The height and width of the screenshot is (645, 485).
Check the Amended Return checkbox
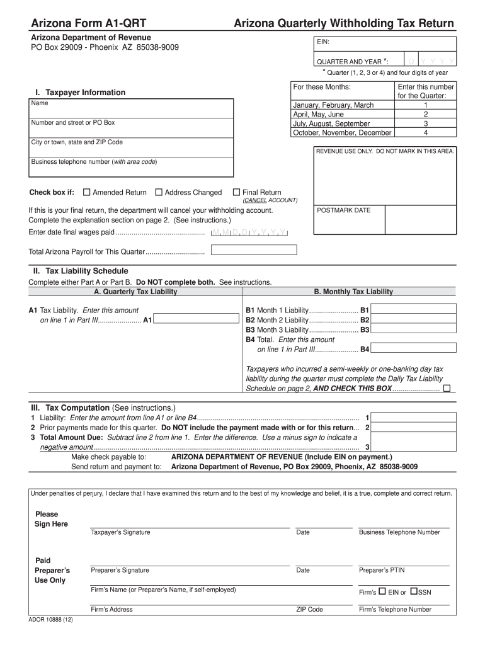(x=87, y=193)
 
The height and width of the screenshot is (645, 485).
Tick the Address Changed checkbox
(x=159, y=193)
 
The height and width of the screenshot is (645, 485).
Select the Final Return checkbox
(x=237, y=193)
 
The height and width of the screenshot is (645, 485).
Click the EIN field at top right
(x=384, y=43)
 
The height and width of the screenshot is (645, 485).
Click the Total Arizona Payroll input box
(x=254, y=250)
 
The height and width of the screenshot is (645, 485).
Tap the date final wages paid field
(x=249, y=232)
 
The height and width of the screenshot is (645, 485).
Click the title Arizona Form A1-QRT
(x=89, y=24)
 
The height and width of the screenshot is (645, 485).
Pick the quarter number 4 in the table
(x=426, y=133)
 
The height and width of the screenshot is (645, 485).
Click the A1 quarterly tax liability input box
(x=196, y=320)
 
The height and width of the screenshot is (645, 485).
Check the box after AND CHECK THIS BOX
(x=447, y=389)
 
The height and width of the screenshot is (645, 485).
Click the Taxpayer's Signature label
(x=120, y=532)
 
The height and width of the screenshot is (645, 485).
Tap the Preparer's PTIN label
(x=382, y=570)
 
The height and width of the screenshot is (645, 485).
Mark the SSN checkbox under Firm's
(x=414, y=591)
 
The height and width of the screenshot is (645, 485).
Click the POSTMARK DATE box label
(x=343, y=210)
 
